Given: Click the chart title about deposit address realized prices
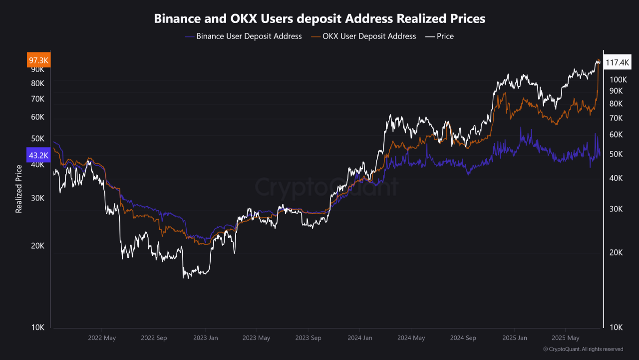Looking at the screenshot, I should point(319,19).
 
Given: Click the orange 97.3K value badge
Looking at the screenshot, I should point(38,60).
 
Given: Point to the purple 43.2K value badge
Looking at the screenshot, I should point(38,155).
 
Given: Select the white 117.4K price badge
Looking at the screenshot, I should point(618,62).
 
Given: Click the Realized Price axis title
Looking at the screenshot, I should point(19,189).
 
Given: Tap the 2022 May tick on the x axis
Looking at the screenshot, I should point(102,338).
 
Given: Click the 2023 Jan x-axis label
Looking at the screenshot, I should point(206,338).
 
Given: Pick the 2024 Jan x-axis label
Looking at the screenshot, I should point(360,338).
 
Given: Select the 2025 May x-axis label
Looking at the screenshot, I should point(566,338).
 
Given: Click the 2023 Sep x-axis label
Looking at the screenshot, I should point(308,338).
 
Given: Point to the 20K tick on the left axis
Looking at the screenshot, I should point(38,246).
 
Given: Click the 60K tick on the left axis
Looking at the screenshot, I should point(38,117).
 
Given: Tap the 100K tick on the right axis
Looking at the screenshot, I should point(618,79).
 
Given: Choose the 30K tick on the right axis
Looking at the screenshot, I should point(616,209).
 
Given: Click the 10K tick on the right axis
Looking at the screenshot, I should point(616,327).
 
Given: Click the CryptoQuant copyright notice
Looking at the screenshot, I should point(583,349).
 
